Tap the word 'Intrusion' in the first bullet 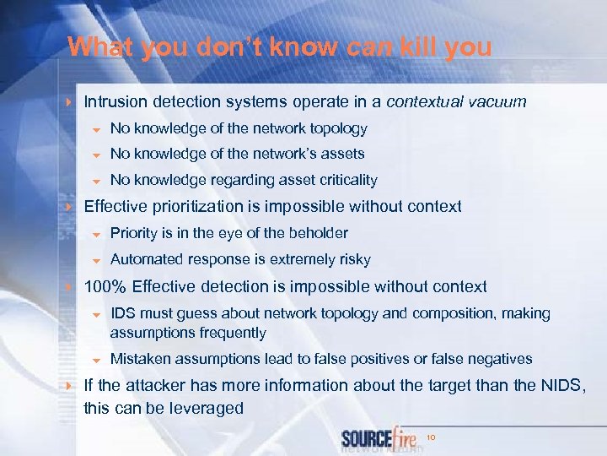[x=116, y=102]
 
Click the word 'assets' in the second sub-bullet [x=342, y=154]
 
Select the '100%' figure [x=105, y=286]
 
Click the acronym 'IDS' [x=124, y=313]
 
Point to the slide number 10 [x=431, y=437]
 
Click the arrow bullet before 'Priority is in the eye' [x=96, y=234]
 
